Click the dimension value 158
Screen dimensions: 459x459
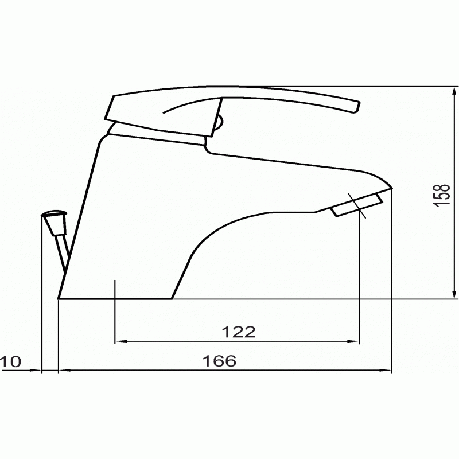(442, 196)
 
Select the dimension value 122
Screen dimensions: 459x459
(239, 332)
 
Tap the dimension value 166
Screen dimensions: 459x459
(219, 361)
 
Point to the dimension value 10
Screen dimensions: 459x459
(10, 361)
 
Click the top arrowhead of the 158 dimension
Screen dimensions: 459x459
(454, 91)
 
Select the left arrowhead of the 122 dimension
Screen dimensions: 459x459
(120, 341)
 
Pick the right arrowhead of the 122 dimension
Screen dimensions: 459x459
(354, 341)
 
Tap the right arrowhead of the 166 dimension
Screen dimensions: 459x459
(386, 370)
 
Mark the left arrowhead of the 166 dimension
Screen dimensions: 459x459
(64, 370)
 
